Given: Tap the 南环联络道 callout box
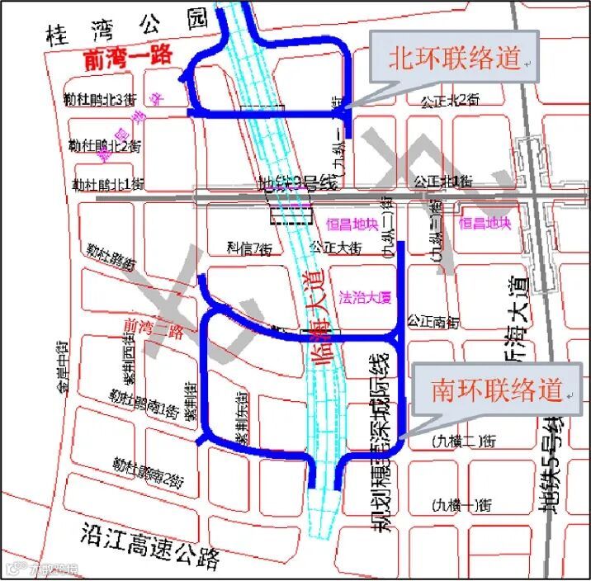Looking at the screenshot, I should pos(498,387).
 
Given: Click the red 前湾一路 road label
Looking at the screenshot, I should pos(128,57).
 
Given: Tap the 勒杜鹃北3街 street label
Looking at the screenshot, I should pos(99,100).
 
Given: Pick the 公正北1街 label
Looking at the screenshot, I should pos(446,180).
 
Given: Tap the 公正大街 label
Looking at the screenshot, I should pos(334,247).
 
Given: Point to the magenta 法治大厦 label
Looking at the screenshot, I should pos(364,295).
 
